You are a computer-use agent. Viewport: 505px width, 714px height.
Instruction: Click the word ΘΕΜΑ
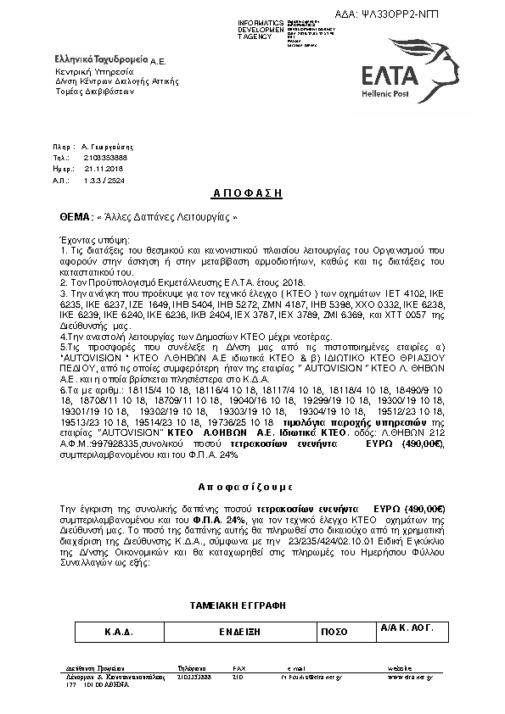(74, 216)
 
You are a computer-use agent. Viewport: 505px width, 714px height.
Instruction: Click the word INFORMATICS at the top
(261, 21)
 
